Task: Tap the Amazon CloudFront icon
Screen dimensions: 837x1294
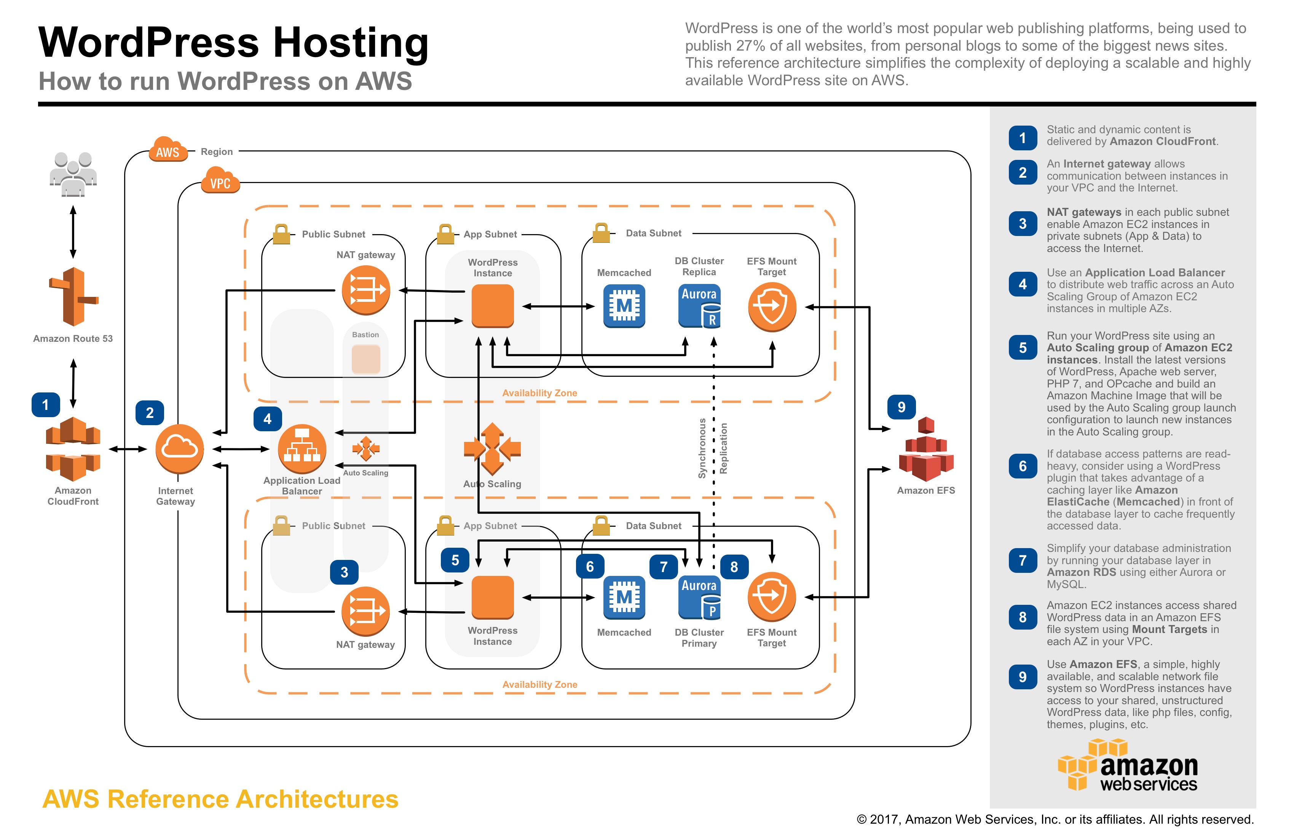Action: tap(73, 448)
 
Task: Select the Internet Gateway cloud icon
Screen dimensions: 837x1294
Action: tap(179, 448)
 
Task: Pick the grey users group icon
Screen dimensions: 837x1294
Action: tap(73, 174)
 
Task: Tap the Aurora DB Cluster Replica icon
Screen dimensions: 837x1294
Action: tap(699, 306)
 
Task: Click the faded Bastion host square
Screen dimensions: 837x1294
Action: tap(366, 359)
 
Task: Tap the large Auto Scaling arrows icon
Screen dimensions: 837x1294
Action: tap(492, 449)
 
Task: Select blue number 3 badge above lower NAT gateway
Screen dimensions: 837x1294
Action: tap(344, 572)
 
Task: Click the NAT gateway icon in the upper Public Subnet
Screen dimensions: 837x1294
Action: tap(366, 290)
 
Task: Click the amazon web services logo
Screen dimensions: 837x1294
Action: tap(1128, 766)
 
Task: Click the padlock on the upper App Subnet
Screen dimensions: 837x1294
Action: tap(445, 234)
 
